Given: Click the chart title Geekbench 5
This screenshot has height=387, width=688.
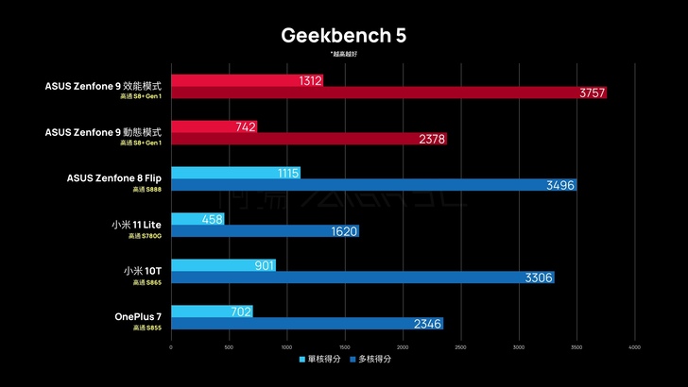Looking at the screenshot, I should tap(343, 36).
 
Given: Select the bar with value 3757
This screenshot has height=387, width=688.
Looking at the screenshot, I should tap(387, 93).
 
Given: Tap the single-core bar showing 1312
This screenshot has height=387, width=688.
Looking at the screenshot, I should tap(247, 81).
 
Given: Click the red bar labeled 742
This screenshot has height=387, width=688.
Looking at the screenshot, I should tap(214, 127).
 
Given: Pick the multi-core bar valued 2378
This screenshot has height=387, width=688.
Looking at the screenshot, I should tap(308, 139).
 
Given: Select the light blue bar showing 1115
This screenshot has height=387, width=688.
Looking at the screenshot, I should tap(235, 174).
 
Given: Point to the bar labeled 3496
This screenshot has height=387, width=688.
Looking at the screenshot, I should tap(373, 185).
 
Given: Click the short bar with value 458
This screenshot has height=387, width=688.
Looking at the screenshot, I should tap(198, 219).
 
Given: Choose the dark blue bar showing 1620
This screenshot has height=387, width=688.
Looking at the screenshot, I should tap(265, 231).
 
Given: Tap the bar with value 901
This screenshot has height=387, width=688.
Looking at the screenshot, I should tap(223, 265).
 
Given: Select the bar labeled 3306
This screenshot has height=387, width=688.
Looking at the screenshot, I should tap(362, 278).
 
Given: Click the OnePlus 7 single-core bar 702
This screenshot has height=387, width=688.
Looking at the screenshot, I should tap(212, 311).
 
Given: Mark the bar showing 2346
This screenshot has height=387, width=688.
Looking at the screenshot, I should tap(306, 324).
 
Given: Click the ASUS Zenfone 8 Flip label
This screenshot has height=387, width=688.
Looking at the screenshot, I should tap(114, 177).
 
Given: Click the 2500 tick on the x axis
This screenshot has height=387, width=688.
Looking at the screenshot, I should tap(460, 346).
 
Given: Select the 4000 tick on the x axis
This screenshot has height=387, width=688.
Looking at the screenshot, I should tap(634, 346).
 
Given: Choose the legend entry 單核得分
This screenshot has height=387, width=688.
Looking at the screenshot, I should tap(318, 360).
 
